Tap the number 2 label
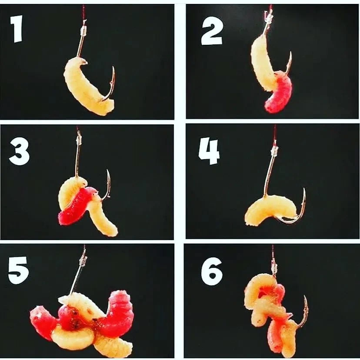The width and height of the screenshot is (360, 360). coord(212,34)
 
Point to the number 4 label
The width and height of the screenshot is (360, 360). coord(209,152)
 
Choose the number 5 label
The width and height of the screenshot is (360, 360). coord(19,270)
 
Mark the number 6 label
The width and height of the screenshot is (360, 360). coord(212,271)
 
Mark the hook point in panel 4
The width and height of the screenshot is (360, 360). coord(304,189)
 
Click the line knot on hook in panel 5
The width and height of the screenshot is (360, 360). coord(83,260)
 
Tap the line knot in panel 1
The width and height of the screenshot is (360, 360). coord(84,30)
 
